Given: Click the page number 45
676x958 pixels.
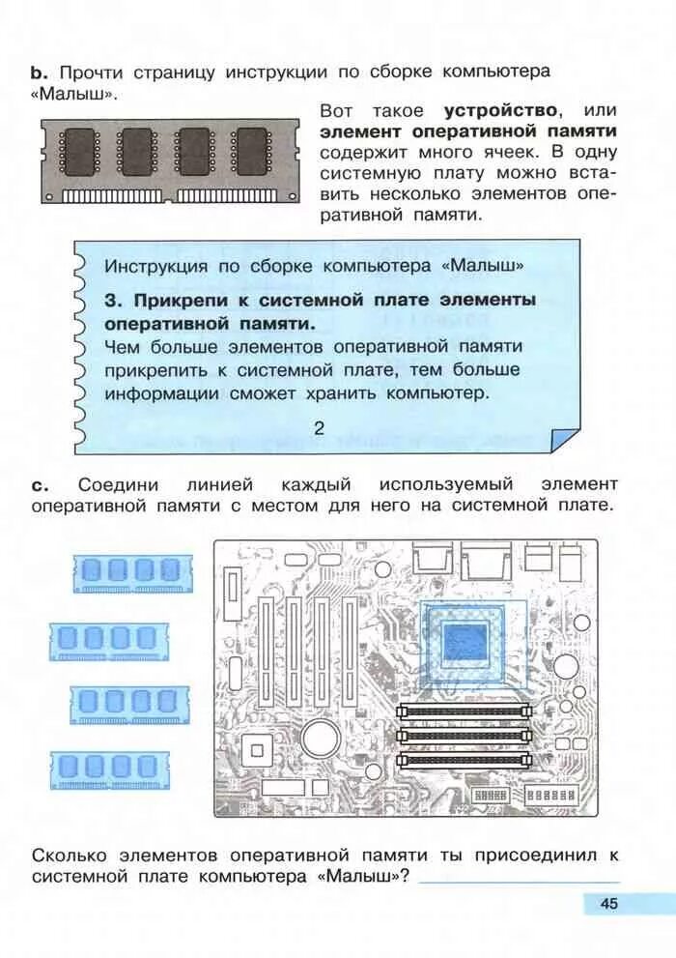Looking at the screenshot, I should tap(608, 904).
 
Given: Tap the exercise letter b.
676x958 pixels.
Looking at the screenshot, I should tap(39, 73).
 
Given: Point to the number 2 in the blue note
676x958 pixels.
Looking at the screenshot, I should tap(320, 428).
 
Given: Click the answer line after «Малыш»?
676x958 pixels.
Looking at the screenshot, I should tap(520, 878).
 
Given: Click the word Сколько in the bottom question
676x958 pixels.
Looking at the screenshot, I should tap(71, 856).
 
